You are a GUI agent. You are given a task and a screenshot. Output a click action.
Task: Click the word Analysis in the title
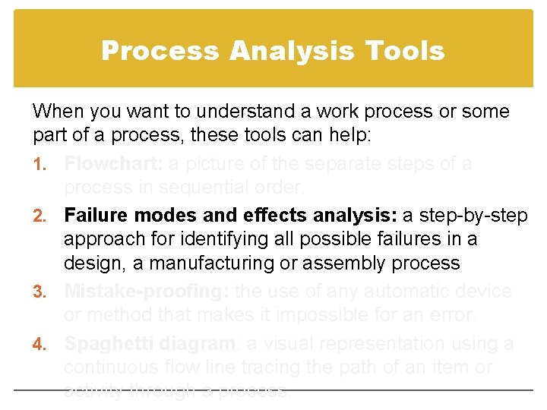click(292, 52)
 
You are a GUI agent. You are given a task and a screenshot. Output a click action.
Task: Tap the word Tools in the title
click(404, 52)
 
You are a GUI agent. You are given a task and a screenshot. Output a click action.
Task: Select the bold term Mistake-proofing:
click(147, 292)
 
